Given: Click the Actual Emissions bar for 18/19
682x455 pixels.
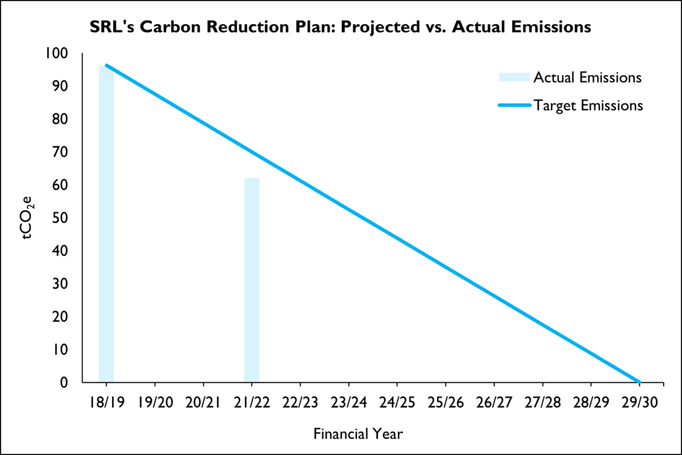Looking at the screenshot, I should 106,225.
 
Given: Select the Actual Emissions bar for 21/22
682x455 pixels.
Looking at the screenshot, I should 252,280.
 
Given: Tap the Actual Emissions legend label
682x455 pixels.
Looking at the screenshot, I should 587,77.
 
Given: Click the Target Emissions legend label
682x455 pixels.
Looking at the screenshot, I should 588,105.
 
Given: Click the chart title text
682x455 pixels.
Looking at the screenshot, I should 340,27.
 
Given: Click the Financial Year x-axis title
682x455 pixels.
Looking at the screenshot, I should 358,433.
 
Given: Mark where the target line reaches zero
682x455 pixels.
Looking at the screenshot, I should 639,382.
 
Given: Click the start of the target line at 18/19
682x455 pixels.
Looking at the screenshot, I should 107,66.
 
